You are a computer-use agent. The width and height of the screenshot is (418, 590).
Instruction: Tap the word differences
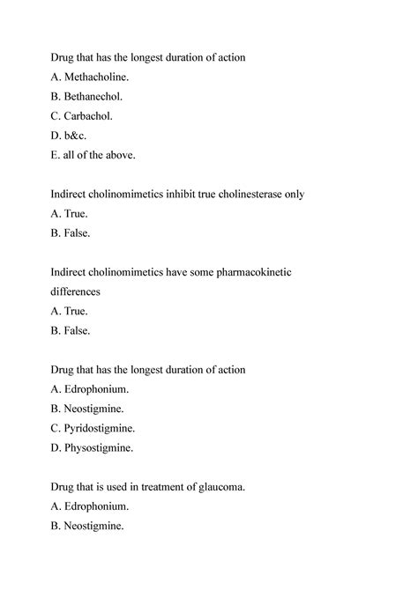(75, 291)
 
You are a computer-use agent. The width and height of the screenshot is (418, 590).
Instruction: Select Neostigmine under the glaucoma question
(95, 526)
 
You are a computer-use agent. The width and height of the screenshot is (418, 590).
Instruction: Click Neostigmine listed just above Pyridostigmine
(95, 409)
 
